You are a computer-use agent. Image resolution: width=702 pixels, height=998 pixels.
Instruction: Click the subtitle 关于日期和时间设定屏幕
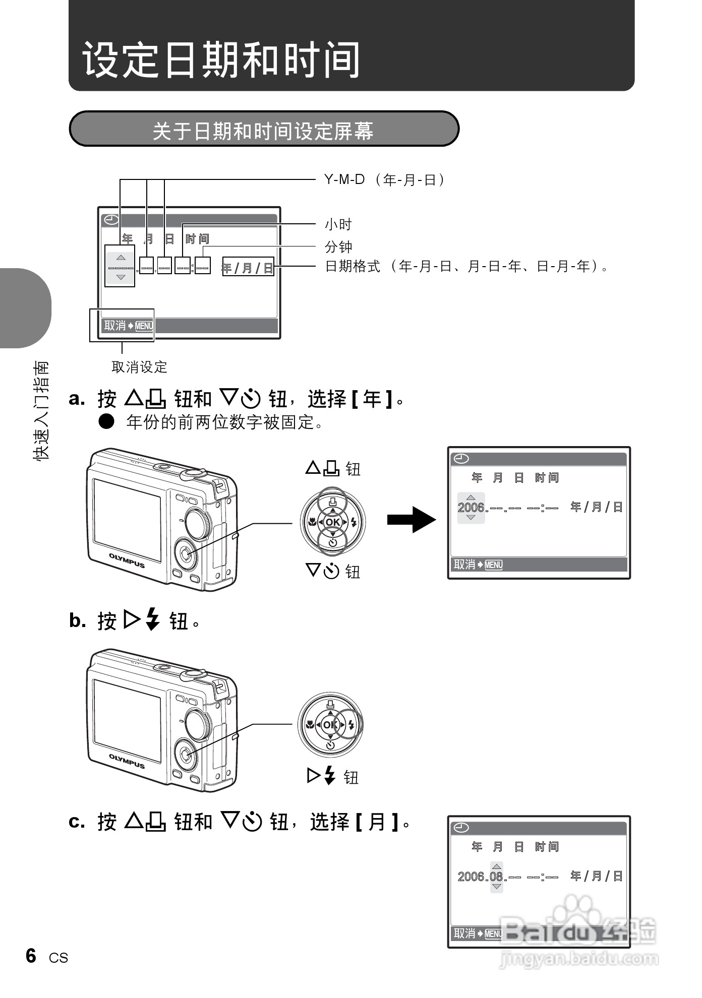263,131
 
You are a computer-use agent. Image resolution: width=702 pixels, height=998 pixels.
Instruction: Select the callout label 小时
338,224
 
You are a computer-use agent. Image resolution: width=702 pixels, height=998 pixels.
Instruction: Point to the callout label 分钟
338,247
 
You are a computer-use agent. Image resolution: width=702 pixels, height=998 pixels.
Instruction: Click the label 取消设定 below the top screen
139,367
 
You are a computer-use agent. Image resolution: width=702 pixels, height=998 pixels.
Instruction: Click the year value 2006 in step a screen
471,508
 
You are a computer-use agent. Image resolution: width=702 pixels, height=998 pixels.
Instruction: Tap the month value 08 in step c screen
496,877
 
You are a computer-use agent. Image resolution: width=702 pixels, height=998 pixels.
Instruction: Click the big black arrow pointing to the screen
411,519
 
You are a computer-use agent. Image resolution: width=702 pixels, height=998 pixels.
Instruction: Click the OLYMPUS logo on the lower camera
127,761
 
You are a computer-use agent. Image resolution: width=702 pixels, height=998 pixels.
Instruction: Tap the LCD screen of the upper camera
127,519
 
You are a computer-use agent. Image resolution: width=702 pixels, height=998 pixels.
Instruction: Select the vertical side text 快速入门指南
41,410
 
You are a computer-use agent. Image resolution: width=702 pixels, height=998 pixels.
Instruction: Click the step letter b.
77,620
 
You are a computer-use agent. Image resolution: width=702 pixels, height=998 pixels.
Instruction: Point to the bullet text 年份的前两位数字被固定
224,422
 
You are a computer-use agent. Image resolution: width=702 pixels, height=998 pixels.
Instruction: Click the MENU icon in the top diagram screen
144,326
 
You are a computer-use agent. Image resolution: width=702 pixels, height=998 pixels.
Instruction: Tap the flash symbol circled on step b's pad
352,725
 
